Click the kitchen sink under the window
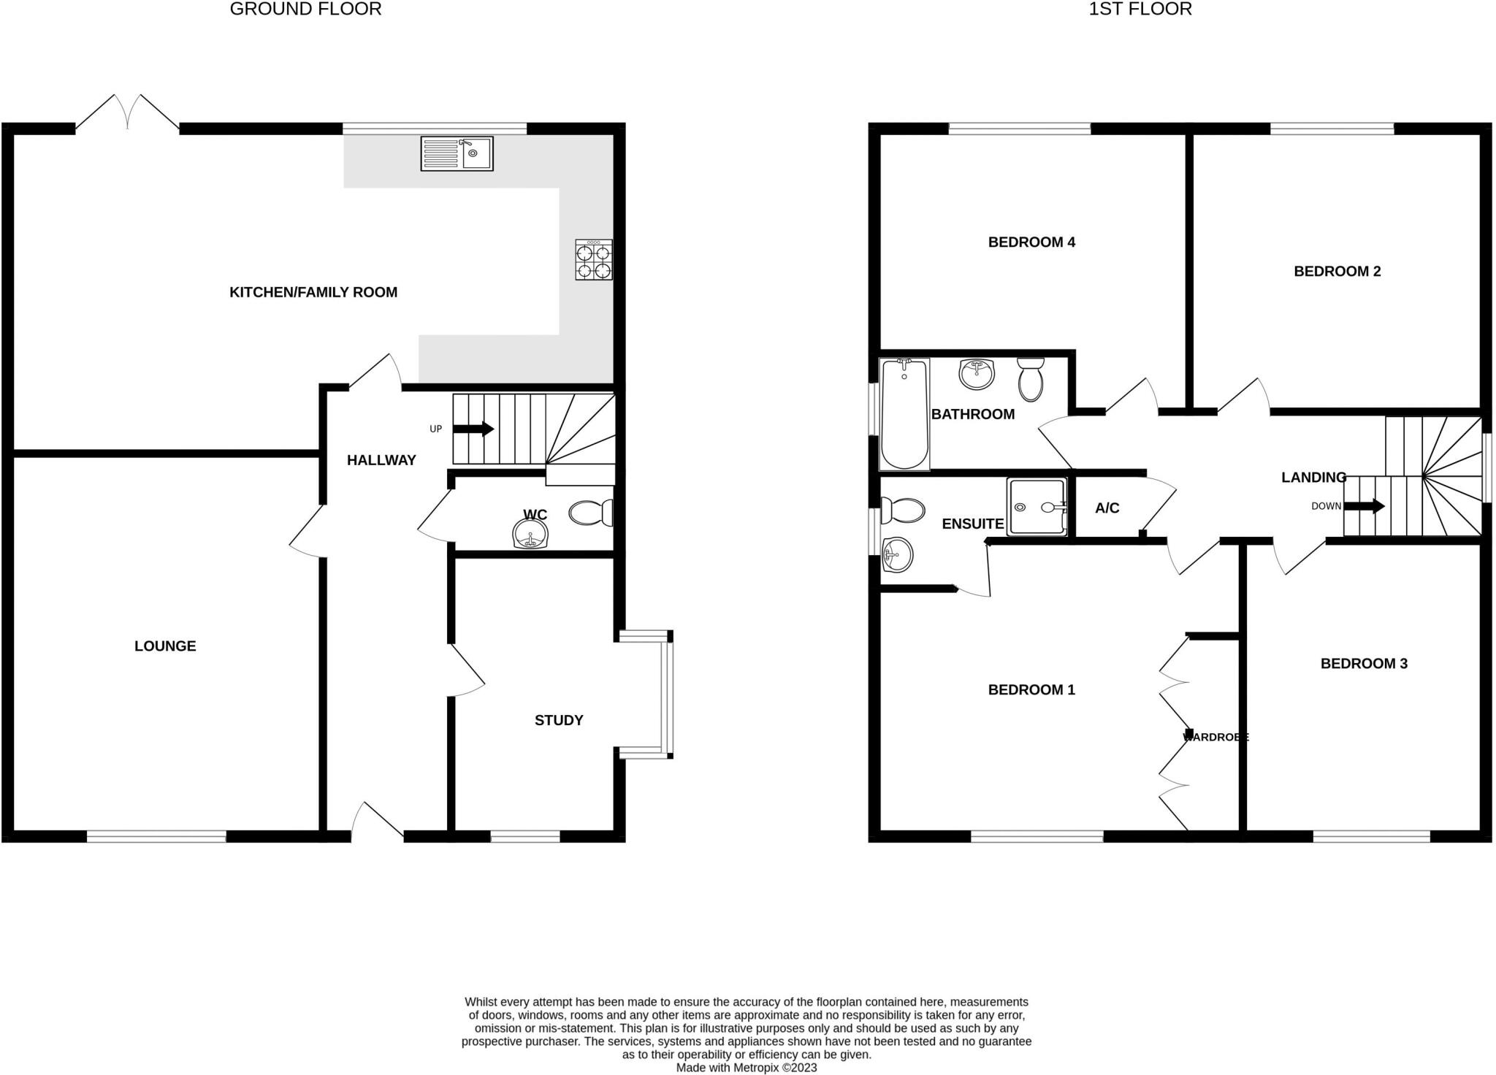coord(457,153)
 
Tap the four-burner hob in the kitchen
coord(593,261)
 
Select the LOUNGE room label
coord(165,646)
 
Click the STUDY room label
coord(559,721)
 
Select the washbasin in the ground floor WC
coord(530,534)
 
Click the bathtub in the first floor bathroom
coord(905,414)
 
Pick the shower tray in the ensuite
coord(1037,507)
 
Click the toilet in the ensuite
coord(901,510)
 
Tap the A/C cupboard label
coord(1107,508)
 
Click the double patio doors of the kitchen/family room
coord(128,114)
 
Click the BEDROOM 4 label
coord(1031,242)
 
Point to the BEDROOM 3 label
coord(1364,664)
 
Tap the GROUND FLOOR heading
coord(305,9)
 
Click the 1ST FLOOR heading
coord(1140,9)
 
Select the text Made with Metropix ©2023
coord(747,1068)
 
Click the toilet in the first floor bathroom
coord(1031,380)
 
